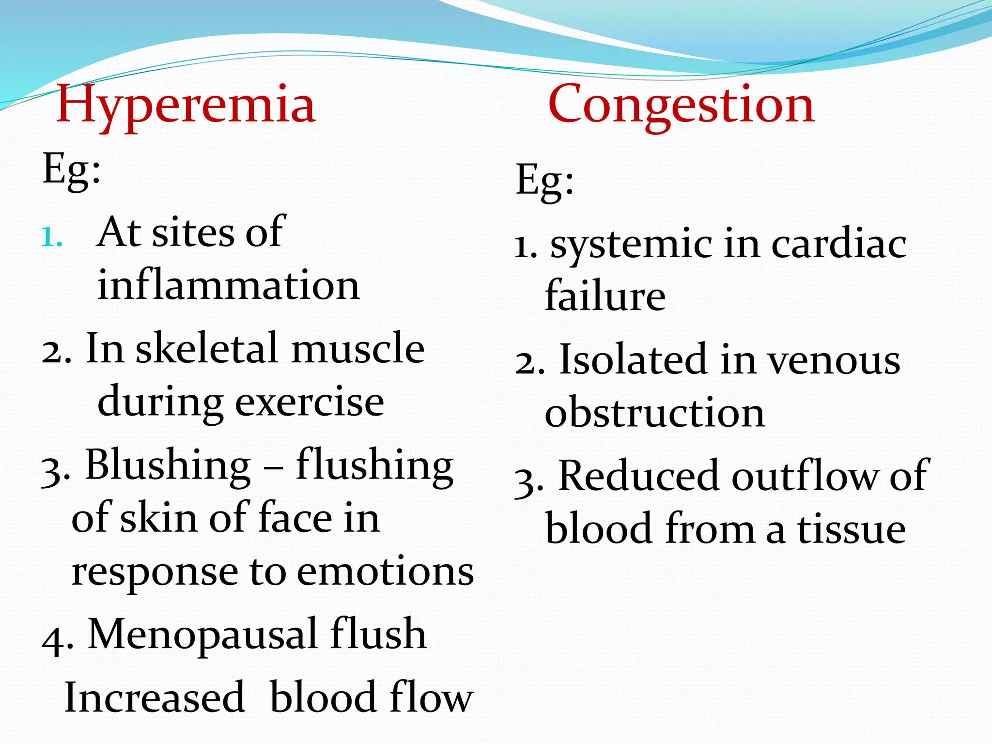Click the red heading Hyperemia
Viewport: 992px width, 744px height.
pos(186,105)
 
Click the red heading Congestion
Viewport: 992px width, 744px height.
pos(681,105)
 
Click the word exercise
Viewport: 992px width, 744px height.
pos(310,402)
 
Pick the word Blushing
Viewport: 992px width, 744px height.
pos(168,465)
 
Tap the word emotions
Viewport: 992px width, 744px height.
pos(385,572)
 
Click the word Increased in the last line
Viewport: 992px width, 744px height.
pos(154,697)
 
